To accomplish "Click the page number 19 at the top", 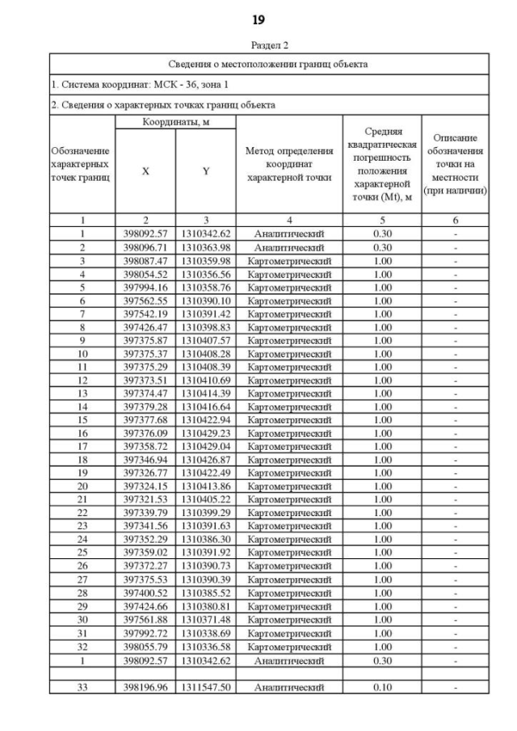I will pos(258,19).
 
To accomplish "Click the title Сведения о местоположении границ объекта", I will pos(269,64).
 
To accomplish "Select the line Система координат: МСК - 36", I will pos(128,84).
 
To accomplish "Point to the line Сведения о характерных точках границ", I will pos(162,104).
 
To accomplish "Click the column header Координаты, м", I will pos(175,121).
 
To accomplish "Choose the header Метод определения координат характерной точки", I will pos(289,164).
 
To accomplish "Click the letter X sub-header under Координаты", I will pos(145,171).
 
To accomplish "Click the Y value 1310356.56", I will pos(206,275).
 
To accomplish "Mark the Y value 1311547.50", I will pos(206,687).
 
